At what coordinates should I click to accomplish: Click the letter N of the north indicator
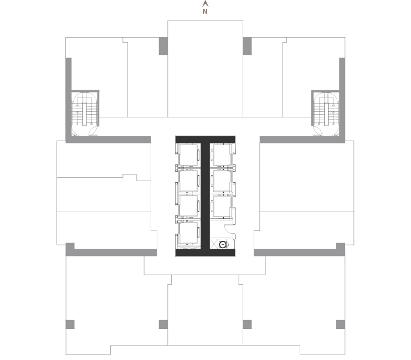coord(205,11)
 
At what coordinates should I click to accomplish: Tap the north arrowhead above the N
coord(206,4)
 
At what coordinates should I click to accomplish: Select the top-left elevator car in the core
coord(188,155)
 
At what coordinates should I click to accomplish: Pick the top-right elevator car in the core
coord(222,155)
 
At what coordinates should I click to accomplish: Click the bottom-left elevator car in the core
coord(188,233)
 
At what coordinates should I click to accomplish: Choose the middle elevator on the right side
coord(222,181)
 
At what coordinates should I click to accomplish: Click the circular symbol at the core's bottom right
coord(223,244)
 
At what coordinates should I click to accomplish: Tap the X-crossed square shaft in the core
coord(214,244)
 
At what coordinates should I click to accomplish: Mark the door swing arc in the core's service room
coord(228,229)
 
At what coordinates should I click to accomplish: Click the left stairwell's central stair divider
coord(84,114)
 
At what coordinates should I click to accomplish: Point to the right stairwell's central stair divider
coord(326,114)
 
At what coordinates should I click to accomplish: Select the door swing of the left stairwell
coord(93,132)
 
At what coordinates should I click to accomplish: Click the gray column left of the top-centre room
coord(163,46)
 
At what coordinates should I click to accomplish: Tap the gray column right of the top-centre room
coord(247,46)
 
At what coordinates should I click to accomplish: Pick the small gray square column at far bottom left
coord(70,325)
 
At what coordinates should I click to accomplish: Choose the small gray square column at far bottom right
coord(341,325)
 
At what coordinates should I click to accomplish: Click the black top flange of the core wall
coord(206,140)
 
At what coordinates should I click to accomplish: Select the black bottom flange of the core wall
coord(206,253)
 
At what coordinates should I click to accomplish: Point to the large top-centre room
coord(206,69)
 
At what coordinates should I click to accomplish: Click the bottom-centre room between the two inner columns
coord(206,315)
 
